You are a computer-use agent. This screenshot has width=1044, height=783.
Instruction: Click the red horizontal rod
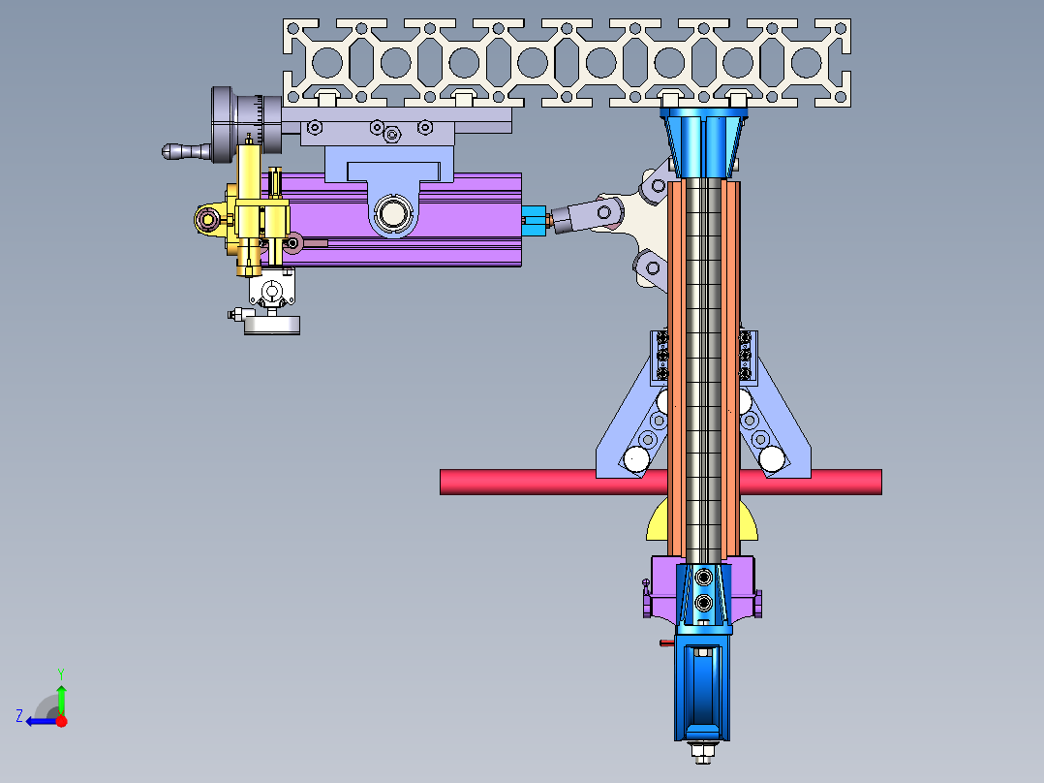tap(553, 482)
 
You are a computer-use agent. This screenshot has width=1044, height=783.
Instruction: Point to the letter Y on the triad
tap(61, 673)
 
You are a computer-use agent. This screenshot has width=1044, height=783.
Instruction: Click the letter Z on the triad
tap(19, 716)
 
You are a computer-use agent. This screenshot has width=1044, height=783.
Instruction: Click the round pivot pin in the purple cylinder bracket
tap(393, 214)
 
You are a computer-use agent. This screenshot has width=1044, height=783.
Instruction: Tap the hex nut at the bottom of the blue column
tap(703, 752)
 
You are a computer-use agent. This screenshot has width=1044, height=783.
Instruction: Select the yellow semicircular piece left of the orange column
tap(656, 523)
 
